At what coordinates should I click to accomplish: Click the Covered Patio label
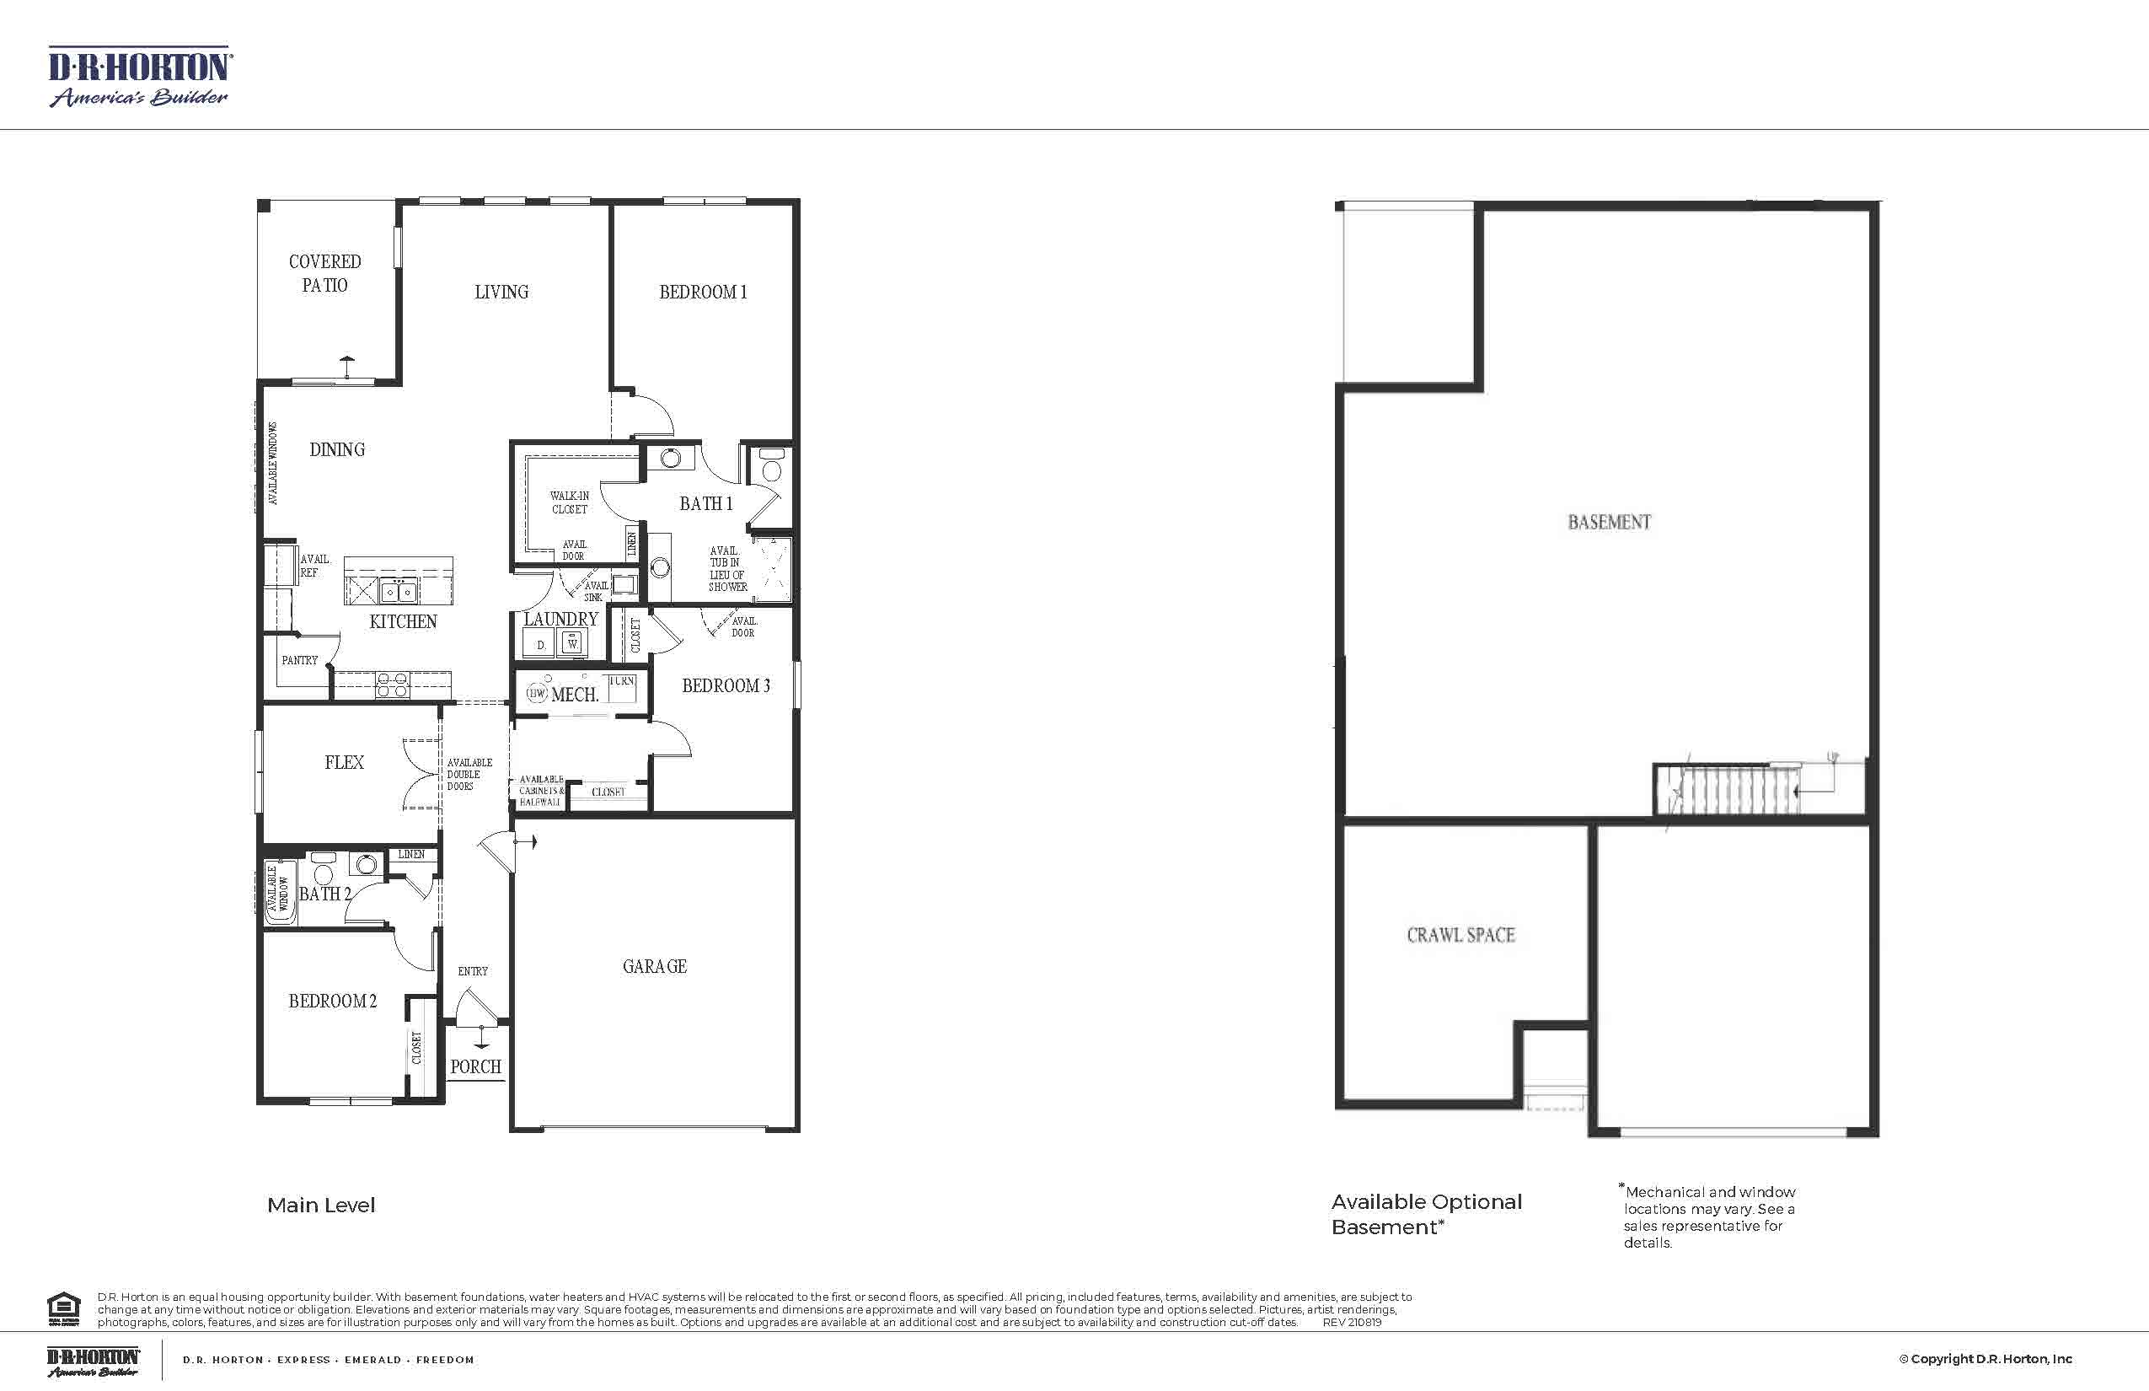coord(324,273)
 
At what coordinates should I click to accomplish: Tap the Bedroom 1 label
coord(703,292)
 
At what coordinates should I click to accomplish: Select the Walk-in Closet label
coord(569,502)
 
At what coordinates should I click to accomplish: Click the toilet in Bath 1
coord(772,466)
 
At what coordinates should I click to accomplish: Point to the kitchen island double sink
coord(398,592)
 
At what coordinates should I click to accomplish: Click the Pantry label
coord(299,660)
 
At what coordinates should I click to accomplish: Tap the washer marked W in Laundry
coord(572,643)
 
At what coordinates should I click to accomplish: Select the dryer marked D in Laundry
coord(541,644)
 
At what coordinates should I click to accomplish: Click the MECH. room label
coord(574,695)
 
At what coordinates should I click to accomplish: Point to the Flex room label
coord(344,762)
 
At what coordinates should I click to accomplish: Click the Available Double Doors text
coord(469,774)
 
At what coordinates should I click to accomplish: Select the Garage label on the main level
coord(655,966)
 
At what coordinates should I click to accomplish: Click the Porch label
coord(476,1066)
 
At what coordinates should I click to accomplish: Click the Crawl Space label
coord(1460,935)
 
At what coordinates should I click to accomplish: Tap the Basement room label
coord(1609,522)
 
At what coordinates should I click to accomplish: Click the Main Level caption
coord(320,1205)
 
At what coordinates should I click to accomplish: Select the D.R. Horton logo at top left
coord(139,78)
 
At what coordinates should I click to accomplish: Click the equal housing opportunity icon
coord(63,1308)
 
